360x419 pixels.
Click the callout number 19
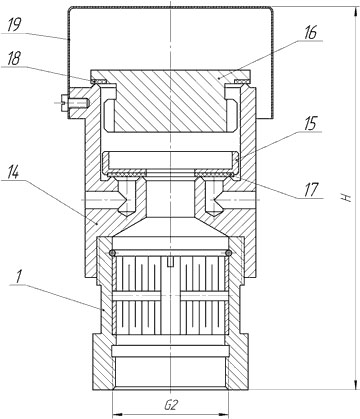click(x=14, y=26)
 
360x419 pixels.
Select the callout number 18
click(x=13, y=59)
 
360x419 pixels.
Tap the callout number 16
click(x=310, y=33)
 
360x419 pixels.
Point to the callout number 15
click(x=310, y=124)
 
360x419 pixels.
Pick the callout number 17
click(x=311, y=189)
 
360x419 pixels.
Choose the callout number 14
click(x=12, y=172)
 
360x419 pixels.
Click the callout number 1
click(x=19, y=277)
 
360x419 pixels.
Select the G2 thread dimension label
click(x=171, y=405)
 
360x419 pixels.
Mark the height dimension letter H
click(x=347, y=197)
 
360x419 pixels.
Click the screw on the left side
click(x=75, y=103)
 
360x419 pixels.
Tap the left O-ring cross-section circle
click(x=113, y=253)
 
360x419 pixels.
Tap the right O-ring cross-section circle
click(x=228, y=253)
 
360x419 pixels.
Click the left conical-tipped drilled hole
click(x=126, y=197)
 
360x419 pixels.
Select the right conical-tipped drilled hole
click(x=213, y=197)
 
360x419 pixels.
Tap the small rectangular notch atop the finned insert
click(x=170, y=262)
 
